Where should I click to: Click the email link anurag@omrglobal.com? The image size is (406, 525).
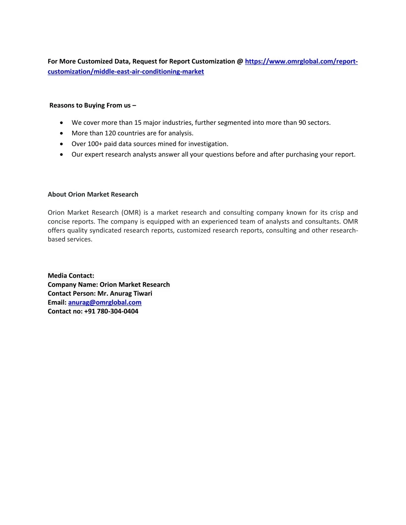pyautogui.click(x=105, y=302)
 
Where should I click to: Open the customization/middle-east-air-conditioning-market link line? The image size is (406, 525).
pyautogui.click(x=126, y=72)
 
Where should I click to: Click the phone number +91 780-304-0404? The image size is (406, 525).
pyautogui.click(x=111, y=311)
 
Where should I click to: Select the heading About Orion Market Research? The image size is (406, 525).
pyautogui.click(x=93, y=195)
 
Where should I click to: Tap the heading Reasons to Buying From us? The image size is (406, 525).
pyautogui.click(x=92, y=105)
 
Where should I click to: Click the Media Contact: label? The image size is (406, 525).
pyautogui.click(x=71, y=276)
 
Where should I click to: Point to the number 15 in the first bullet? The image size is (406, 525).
pyautogui.click(x=138, y=123)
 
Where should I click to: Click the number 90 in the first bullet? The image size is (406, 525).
pyautogui.click(x=302, y=123)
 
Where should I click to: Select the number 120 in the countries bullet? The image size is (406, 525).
pyautogui.click(x=110, y=134)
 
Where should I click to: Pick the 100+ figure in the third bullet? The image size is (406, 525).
pyautogui.click(x=95, y=144)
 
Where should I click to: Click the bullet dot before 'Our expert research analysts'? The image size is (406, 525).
pyautogui.click(x=61, y=155)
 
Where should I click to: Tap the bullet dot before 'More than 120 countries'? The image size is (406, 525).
pyautogui.click(x=61, y=134)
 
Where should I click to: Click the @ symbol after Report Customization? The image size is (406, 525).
pyautogui.click(x=240, y=61)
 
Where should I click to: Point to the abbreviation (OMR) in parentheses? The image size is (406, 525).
pyautogui.click(x=131, y=213)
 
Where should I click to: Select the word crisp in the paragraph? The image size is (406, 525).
pyautogui.click(x=337, y=213)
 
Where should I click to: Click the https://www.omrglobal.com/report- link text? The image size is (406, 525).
pyautogui.click(x=301, y=61)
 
